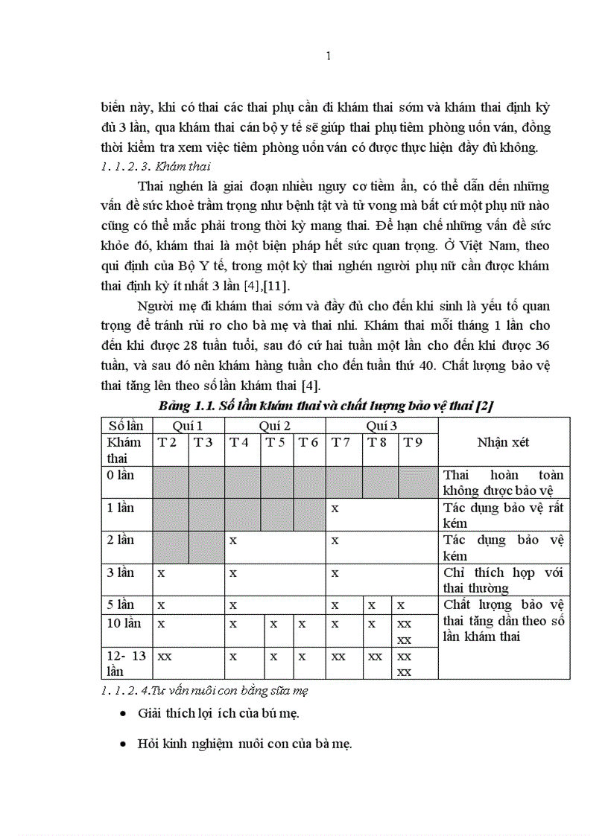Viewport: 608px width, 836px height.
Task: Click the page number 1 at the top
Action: (329, 57)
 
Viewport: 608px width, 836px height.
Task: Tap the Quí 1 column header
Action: (188, 425)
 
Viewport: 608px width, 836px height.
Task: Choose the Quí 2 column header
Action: (274, 425)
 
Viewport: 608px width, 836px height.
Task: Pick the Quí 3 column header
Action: (381, 425)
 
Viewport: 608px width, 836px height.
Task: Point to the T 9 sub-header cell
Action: (414, 442)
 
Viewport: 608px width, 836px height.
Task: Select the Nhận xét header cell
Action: (504, 442)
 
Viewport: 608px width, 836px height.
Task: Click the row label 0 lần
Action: (121, 475)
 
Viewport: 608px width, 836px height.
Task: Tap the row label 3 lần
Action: (121, 572)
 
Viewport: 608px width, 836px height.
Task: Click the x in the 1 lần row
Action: (335, 508)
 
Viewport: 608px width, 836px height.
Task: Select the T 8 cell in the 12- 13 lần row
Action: (375, 657)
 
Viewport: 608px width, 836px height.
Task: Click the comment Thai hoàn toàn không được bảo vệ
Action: (503, 482)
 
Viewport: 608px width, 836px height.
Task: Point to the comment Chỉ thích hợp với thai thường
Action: (503, 580)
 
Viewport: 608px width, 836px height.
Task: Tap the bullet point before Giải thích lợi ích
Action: (122, 714)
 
